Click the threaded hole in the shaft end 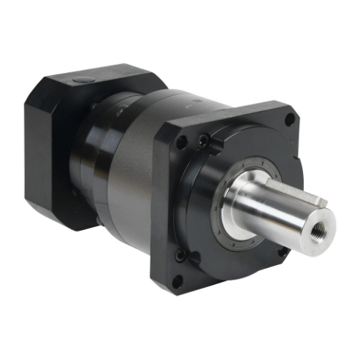319,218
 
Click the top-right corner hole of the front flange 290,118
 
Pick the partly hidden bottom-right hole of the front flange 283,252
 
